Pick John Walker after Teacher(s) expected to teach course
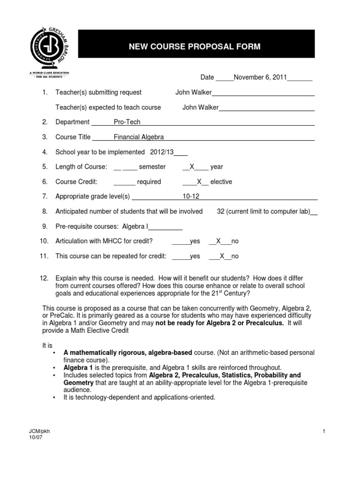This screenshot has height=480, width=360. coord(200,107)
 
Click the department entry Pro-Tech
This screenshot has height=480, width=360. coord(127,122)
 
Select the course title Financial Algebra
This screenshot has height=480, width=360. coord(139,137)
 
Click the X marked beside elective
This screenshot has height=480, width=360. coord(199,182)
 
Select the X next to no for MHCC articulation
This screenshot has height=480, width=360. coord(217,241)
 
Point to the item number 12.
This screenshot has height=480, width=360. coord(44,279)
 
